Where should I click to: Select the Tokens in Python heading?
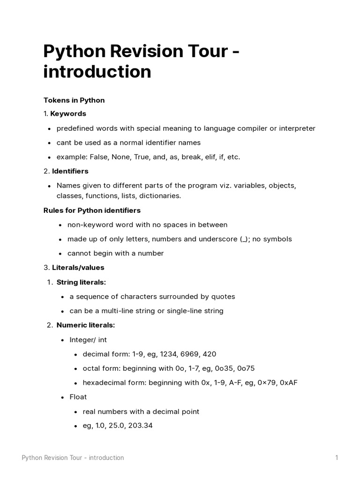tap(74, 100)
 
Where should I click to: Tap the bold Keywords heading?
tap(68, 113)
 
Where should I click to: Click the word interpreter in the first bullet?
tap(293, 128)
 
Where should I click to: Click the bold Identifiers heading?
tap(70, 171)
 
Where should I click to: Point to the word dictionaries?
tap(157, 195)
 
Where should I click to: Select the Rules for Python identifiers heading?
tap(92, 210)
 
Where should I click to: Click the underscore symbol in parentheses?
tap(244, 239)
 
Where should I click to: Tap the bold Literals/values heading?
tap(78, 267)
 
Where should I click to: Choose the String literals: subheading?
tap(81, 282)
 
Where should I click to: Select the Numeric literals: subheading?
tap(85, 325)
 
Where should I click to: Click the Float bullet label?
tap(78, 397)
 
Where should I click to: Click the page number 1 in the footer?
tap(336, 457)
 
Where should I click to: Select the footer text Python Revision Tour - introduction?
tap(73, 457)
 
